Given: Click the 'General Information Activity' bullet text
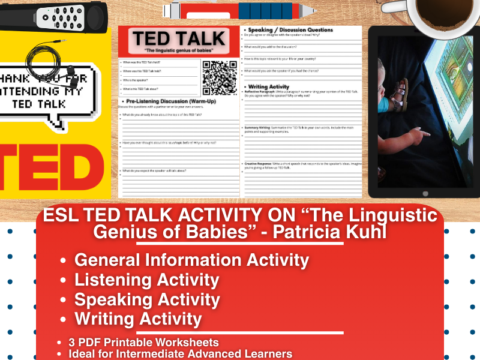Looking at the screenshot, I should (x=191, y=260).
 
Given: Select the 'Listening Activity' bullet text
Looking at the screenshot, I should (x=146, y=280).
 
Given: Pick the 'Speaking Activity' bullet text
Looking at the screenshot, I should (x=147, y=299).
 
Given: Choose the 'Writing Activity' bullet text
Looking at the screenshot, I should (x=138, y=319).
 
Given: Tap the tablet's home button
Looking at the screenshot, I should (x=425, y=193).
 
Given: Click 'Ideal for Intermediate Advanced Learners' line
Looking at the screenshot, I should (x=180, y=353).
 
